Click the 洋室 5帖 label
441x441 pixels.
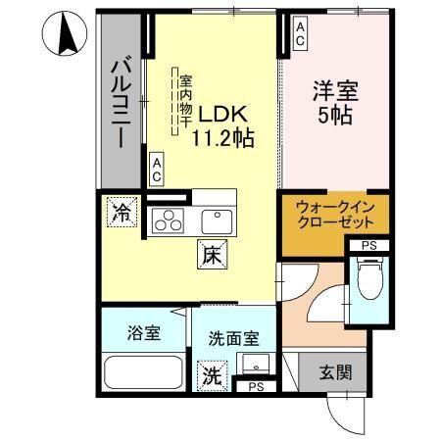333,101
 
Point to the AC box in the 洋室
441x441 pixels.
301,34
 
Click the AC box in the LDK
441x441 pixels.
157,169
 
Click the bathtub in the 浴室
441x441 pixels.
144,374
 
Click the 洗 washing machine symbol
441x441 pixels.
212,373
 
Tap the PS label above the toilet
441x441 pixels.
368,245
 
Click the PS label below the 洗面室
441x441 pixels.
255,388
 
